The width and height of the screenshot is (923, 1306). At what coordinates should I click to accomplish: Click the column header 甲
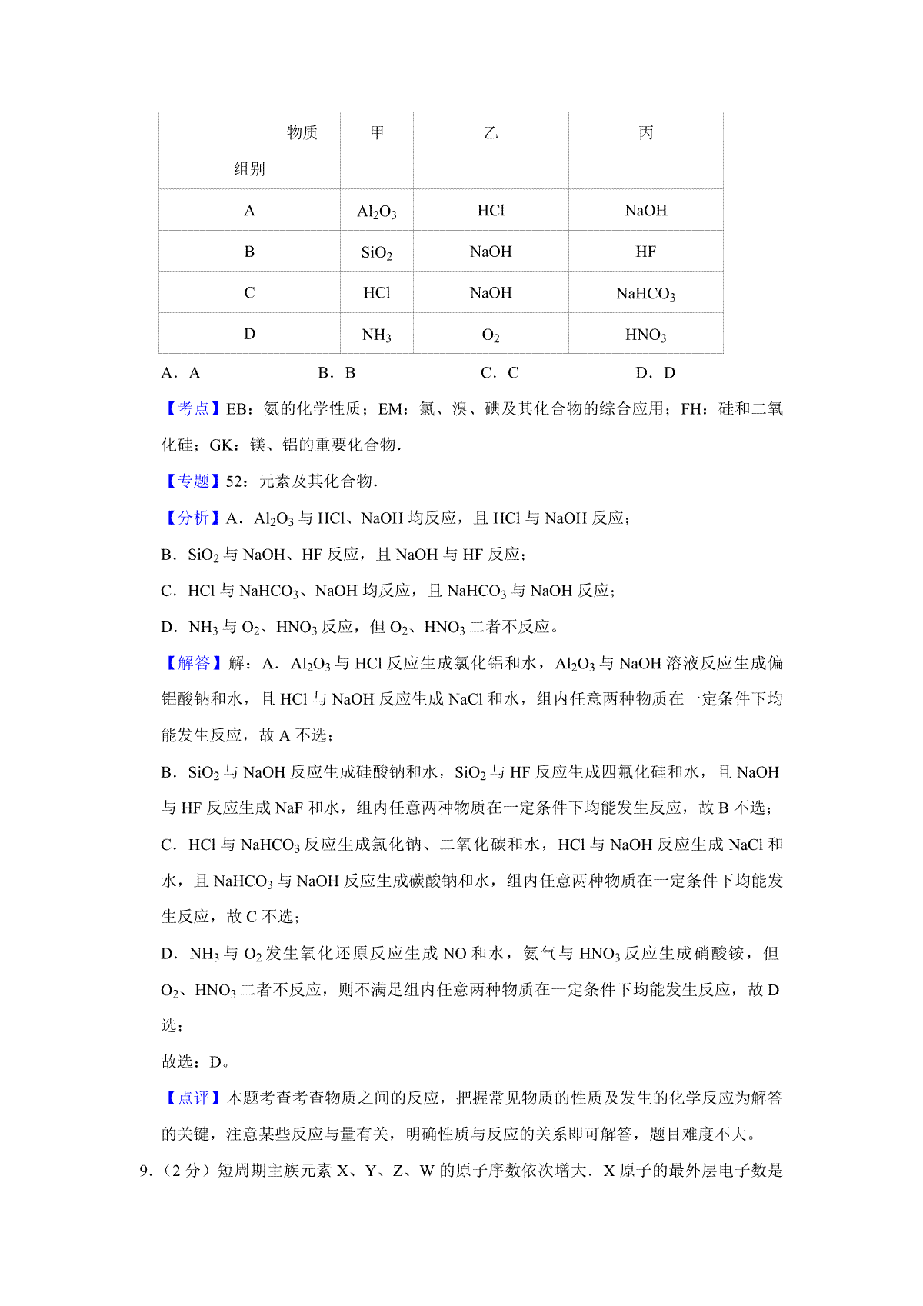tap(377, 133)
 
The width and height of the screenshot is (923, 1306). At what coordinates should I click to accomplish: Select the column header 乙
tap(491, 133)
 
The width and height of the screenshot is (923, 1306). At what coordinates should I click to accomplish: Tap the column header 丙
tap(646, 133)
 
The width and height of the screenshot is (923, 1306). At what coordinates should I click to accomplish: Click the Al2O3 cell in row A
tap(377, 212)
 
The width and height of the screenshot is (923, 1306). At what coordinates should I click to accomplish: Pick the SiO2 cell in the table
tap(377, 252)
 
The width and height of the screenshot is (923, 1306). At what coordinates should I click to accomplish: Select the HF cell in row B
tap(646, 252)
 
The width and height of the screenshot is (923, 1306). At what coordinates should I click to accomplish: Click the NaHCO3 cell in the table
tap(646, 293)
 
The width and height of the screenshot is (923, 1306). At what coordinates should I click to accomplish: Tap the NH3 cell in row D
tap(377, 335)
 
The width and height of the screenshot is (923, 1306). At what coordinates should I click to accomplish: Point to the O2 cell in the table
tap(491, 335)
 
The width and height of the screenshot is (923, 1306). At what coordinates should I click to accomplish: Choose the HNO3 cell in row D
tap(646, 335)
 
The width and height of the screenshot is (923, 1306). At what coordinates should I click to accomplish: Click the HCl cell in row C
tap(377, 293)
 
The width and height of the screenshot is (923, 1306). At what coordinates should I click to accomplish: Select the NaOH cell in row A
tap(646, 211)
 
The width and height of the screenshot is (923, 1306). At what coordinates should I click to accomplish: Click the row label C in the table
tap(249, 293)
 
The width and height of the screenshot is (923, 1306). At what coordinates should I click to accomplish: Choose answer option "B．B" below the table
tap(337, 373)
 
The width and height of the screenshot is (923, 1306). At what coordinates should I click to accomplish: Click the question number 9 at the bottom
tap(143, 1171)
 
